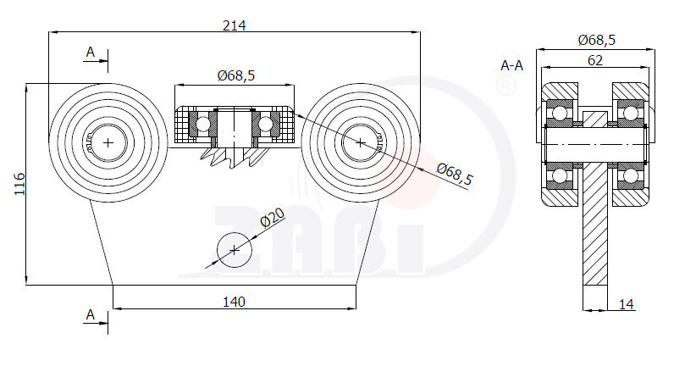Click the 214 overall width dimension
coord(234,25)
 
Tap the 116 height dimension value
coord(20,184)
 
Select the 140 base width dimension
coord(234,303)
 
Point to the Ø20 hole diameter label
coord(272,218)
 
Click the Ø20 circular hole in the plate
coord(235,250)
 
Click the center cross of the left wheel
coord(108,142)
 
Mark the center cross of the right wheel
coord(360,142)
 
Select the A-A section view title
coord(511,66)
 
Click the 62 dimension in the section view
coord(594,60)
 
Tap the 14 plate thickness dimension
coord(627,304)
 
